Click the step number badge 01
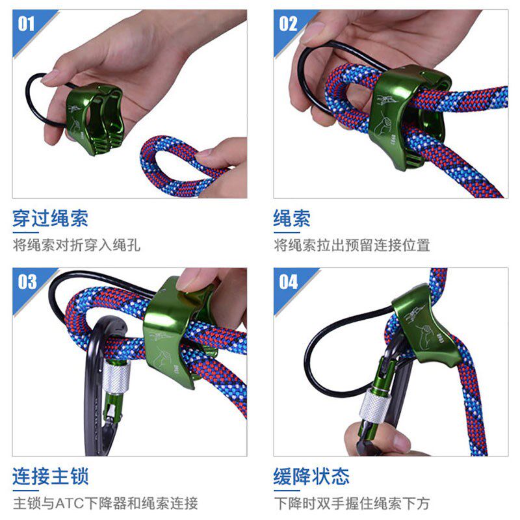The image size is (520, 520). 27,24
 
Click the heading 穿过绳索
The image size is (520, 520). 49,218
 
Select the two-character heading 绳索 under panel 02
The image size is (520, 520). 292,218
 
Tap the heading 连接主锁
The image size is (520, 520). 49,476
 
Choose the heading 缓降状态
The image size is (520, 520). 311,476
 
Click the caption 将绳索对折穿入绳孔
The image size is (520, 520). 77,245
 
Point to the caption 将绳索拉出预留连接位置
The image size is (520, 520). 352,245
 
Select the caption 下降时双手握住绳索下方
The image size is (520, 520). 352,503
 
